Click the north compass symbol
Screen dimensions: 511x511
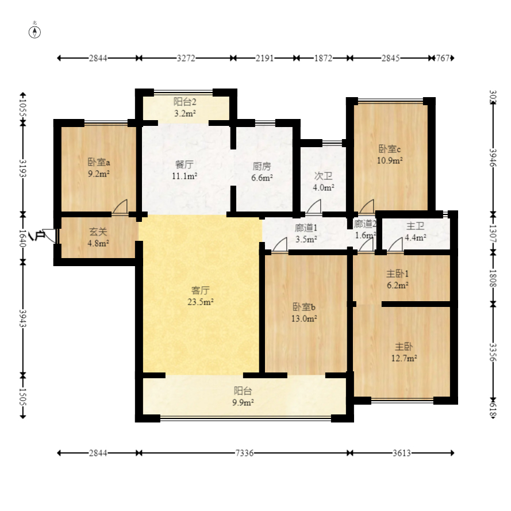point(34,32)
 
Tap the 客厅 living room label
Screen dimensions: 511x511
point(200,290)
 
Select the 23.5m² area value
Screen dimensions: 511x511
point(200,302)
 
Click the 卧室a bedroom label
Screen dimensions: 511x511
point(99,162)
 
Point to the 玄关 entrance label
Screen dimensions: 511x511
point(98,232)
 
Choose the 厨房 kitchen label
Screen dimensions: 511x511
point(262,166)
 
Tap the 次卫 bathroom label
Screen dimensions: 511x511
point(323,176)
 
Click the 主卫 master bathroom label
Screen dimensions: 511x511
point(415,225)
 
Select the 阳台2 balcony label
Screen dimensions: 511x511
point(185,102)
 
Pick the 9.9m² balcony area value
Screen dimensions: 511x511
point(243,402)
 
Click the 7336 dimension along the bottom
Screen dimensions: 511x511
point(244,453)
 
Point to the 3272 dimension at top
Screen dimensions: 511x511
point(186,58)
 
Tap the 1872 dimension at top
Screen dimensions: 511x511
point(323,58)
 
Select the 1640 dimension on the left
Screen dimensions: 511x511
point(23,238)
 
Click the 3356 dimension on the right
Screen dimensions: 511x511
point(493,352)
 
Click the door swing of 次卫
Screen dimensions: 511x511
point(313,207)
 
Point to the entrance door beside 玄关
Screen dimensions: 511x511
point(49,235)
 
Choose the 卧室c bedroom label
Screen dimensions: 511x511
point(390,149)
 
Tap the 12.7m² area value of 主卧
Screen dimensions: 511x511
point(404,359)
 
